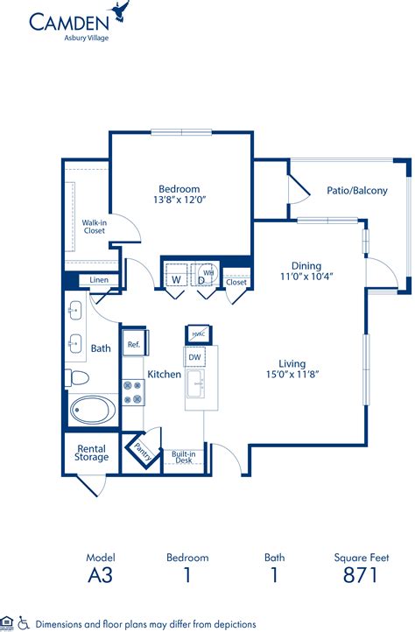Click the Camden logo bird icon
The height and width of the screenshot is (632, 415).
point(120,12)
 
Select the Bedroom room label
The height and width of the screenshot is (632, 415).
point(179,188)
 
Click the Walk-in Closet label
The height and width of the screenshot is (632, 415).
point(94,226)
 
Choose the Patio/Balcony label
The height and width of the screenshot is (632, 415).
point(356,190)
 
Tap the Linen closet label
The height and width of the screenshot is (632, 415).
point(99,280)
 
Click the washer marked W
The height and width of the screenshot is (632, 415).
point(176,279)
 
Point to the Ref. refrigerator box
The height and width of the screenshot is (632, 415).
point(134,344)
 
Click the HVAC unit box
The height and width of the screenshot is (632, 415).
point(197,334)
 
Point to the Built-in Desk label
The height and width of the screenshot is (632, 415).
point(184,457)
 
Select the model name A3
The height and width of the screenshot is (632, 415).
point(100,575)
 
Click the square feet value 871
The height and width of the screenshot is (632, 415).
point(361,575)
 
